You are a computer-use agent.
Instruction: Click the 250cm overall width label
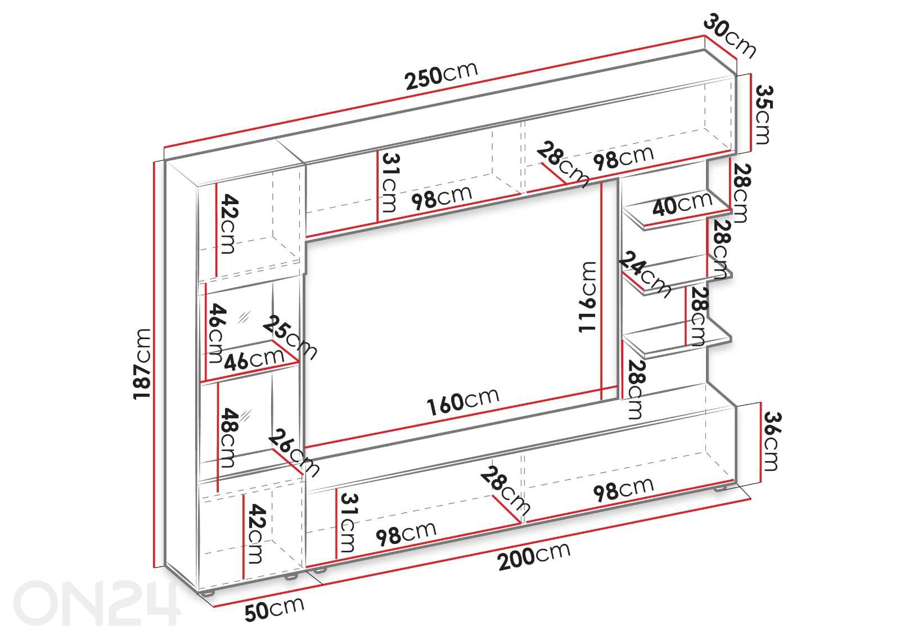[441, 76]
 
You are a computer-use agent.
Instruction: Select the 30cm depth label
[730, 36]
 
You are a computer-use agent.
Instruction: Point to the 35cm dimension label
[763, 115]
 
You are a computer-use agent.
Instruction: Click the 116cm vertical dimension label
[587, 297]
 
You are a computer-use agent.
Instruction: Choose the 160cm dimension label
[463, 402]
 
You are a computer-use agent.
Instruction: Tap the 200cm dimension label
[534, 556]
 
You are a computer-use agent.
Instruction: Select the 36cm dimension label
[771, 441]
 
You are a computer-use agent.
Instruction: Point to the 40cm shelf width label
[682, 204]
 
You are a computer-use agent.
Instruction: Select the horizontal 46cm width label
[254, 359]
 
